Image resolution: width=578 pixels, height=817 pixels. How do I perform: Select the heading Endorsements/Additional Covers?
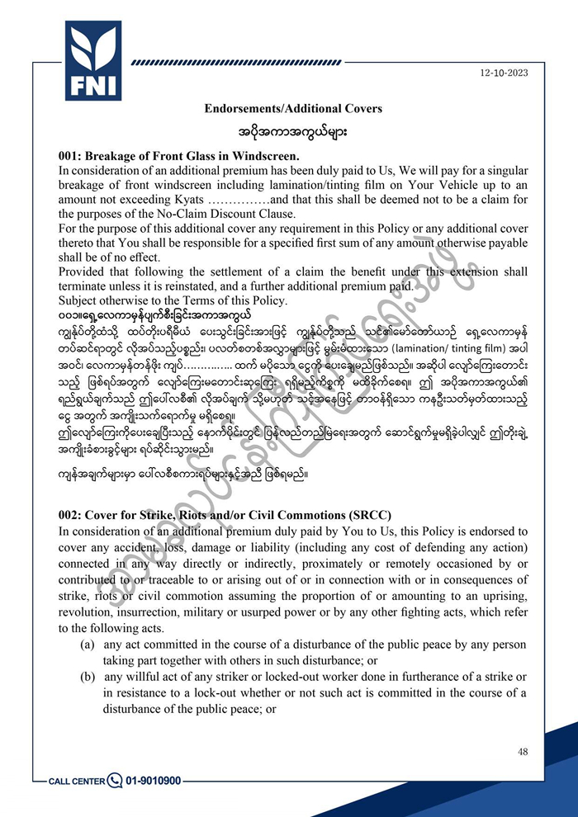293,109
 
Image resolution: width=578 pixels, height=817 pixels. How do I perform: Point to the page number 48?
522,751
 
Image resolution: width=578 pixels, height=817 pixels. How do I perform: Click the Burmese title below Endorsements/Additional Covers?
292,131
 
